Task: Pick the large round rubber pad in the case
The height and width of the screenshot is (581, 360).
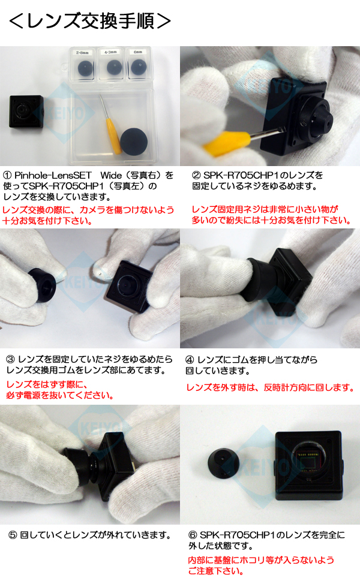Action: click(x=136, y=142)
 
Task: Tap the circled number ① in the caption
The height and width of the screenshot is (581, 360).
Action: click(x=8, y=176)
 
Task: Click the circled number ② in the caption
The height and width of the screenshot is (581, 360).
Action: click(x=196, y=176)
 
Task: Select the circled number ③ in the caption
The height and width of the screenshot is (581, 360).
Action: click(x=10, y=359)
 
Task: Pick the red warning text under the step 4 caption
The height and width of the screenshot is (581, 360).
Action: click(x=271, y=388)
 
